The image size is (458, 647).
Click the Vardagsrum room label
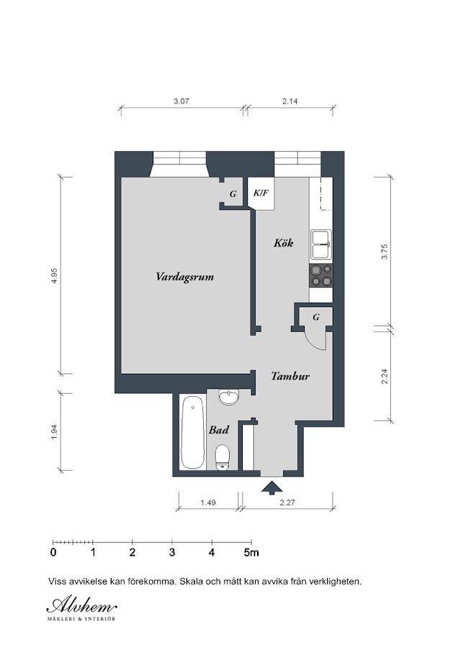coord(185,277)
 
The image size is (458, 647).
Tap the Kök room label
coord(284,243)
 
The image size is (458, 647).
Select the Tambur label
coord(290,376)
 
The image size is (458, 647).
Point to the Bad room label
coord(219,430)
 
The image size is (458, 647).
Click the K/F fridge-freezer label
coord(261,192)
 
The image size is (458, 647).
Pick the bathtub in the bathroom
coord(192,432)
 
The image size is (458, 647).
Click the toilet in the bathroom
coord(223,457)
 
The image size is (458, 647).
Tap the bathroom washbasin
coord(228,397)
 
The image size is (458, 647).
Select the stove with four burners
coord(320,275)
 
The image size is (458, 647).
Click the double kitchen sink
coord(320,244)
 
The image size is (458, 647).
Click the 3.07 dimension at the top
coord(181,101)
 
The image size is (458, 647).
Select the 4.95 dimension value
coord(54,275)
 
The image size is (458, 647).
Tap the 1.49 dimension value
coord(208,503)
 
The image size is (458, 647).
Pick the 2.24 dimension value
coord(385,376)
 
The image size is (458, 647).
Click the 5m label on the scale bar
coord(251,552)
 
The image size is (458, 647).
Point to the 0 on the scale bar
coord(53,552)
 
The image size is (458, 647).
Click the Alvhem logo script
coord(81,605)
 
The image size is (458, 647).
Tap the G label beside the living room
coord(233,193)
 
